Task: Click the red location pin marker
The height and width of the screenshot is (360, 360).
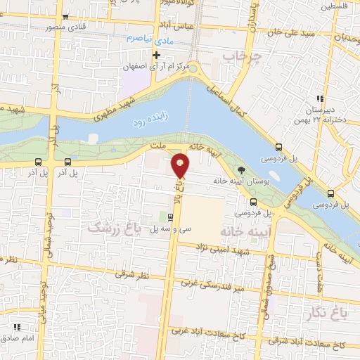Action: [x=181, y=165]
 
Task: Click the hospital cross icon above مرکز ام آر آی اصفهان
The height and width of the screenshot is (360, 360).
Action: [x=156, y=54]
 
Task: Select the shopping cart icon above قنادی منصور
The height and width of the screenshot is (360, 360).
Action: [x=66, y=18]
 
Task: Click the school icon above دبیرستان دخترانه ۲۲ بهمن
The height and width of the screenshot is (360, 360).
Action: [x=320, y=98]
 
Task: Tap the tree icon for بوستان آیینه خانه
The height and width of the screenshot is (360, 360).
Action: [x=242, y=169]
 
